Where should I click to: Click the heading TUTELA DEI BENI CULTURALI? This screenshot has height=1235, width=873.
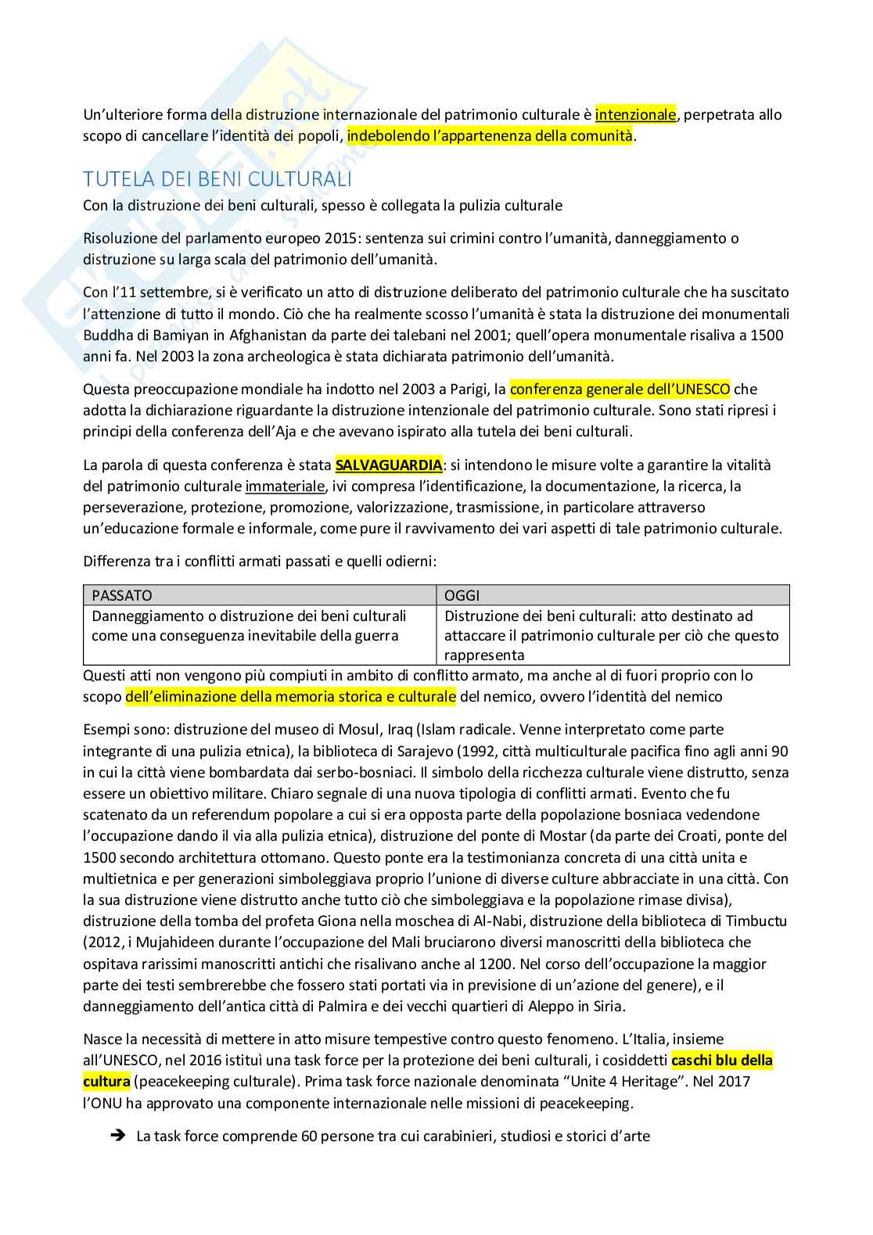coord(217,179)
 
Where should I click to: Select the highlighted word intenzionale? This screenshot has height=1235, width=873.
coord(635,114)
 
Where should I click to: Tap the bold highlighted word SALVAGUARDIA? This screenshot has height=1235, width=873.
coord(389,465)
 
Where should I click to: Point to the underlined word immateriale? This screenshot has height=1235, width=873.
coord(285,486)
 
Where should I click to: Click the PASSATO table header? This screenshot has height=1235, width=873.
coord(122,595)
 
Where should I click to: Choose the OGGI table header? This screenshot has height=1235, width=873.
coord(462,595)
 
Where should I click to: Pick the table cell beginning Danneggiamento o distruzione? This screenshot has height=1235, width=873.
coord(249,626)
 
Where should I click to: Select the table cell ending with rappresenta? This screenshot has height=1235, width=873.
coord(611,635)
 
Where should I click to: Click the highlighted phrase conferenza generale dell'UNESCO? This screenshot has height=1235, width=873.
coord(620,389)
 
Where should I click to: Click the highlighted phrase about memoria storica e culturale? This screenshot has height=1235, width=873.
coord(290,696)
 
